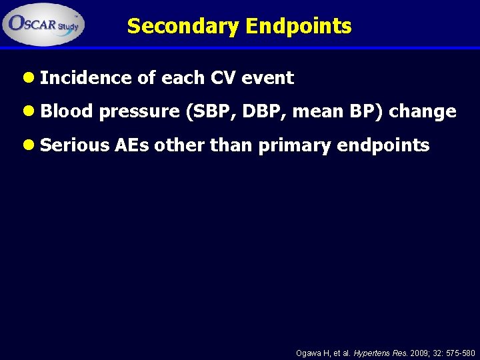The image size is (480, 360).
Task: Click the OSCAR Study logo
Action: (x=44, y=23)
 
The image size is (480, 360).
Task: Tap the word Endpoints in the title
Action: (x=298, y=26)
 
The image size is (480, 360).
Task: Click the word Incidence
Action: (x=85, y=78)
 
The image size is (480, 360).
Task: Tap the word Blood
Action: (x=66, y=111)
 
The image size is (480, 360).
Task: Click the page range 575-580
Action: (x=457, y=353)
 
